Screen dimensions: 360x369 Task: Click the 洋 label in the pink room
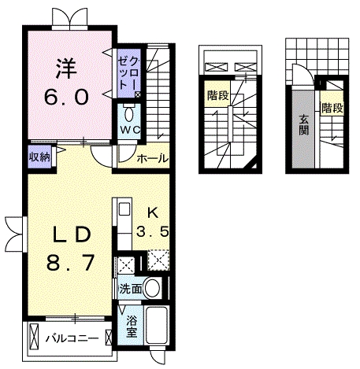(x=66, y=68)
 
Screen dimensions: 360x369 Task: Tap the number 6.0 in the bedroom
(x=66, y=97)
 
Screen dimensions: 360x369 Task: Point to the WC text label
(x=129, y=130)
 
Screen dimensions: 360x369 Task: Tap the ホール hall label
(x=152, y=158)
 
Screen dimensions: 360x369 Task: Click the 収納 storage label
(x=39, y=157)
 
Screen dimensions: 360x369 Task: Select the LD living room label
(x=72, y=234)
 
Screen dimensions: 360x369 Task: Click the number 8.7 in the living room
(x=70, y=263)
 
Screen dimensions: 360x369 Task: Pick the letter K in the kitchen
(x=152, y=212)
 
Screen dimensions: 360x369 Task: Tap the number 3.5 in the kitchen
(x=152, y=232)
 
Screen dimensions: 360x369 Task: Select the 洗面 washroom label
(x=131, y=289)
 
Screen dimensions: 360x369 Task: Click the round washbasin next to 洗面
(x=152, y=288)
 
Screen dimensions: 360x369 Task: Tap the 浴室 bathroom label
(x=132, y=327)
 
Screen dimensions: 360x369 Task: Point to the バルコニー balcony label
(x=72, y=338)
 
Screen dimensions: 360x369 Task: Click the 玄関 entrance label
(x=303, y=125)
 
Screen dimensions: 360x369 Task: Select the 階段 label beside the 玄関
(x=332, y=108)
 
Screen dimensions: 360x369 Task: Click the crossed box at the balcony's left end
(x=34, y=337)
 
